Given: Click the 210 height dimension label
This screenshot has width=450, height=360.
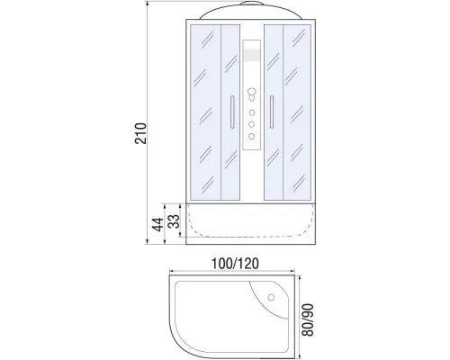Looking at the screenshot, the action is [140, 133].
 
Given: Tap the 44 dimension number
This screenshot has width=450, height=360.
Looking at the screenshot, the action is [157, 224].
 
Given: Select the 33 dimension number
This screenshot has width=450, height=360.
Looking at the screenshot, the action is [174, 221].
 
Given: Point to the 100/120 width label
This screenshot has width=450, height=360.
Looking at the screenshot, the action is [235, 264].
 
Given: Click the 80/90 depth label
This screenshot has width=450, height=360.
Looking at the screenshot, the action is [308, 319].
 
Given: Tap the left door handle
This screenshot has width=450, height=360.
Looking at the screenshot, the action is [232, 112].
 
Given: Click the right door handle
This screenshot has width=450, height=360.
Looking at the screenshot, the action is [272, 112].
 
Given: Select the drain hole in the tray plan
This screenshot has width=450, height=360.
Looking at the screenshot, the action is [271, 297].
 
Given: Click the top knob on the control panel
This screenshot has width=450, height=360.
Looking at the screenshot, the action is [251, 92].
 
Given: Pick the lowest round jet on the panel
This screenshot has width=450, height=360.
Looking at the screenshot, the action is [252, 136].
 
